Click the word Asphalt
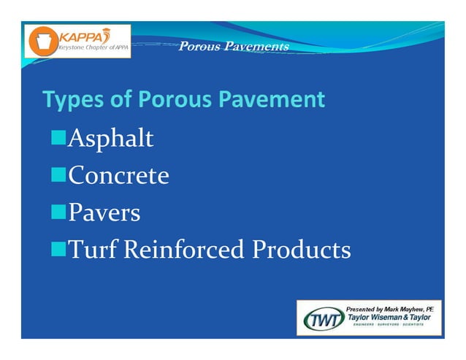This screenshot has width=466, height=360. coord(110,138)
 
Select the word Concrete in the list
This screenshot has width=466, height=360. coord(118,175)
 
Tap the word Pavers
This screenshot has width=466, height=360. coord(104,212)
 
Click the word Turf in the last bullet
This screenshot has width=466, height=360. coord(93,250)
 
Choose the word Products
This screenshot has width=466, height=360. coord(301,250)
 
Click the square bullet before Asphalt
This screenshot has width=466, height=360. coord(58,138)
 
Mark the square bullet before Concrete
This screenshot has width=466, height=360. coord(58,175)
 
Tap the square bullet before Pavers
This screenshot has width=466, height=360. coord(58,212)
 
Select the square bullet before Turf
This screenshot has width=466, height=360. coord(58,250)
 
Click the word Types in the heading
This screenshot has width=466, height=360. coord(71,99)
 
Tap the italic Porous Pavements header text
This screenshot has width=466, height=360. coord(233,47)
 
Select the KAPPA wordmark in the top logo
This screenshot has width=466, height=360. coord(80,36)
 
